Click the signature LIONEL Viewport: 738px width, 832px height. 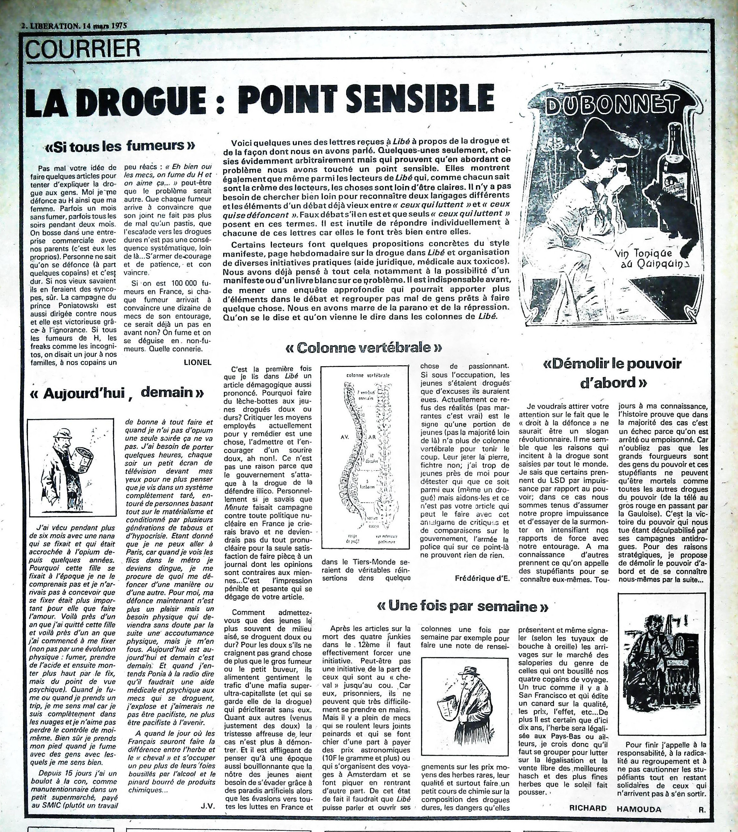coord(198,363)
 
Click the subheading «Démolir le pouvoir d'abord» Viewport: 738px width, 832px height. coord(612,373)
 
